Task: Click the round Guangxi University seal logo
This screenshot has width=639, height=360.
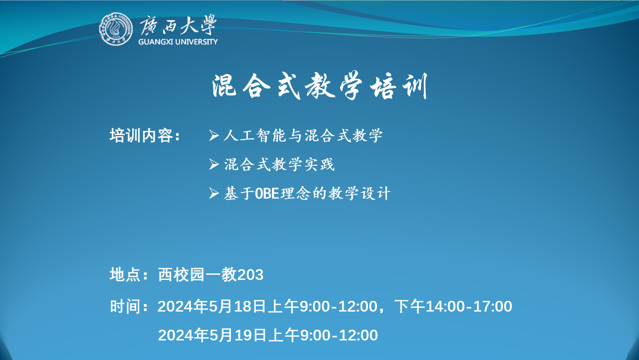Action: (116, 29)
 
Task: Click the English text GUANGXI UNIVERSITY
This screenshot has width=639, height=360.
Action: (178, 42)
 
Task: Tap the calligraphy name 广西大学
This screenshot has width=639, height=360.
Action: (178, 25)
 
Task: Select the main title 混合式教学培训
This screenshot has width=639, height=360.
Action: (319, 86)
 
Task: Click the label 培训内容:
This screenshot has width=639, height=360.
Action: (145, 135)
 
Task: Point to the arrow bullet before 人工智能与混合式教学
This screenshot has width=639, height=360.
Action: (214, 135)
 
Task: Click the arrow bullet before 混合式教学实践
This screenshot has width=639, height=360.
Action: (214, 164)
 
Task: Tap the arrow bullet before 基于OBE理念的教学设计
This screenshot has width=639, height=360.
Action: (214, 193)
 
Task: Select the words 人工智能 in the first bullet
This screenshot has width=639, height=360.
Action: (255, 135)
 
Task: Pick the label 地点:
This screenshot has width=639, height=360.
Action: (129, 274)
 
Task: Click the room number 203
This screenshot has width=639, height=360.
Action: (250, 275)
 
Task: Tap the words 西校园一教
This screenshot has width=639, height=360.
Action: (197, 274)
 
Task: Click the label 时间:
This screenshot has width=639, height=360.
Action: (129, 306)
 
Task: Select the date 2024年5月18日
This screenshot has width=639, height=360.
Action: (211, 306)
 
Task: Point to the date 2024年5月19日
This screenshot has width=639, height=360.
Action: (212, 335)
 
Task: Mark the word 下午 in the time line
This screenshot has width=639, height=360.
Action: (410, 306)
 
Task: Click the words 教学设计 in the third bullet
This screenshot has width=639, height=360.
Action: (359, 193)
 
